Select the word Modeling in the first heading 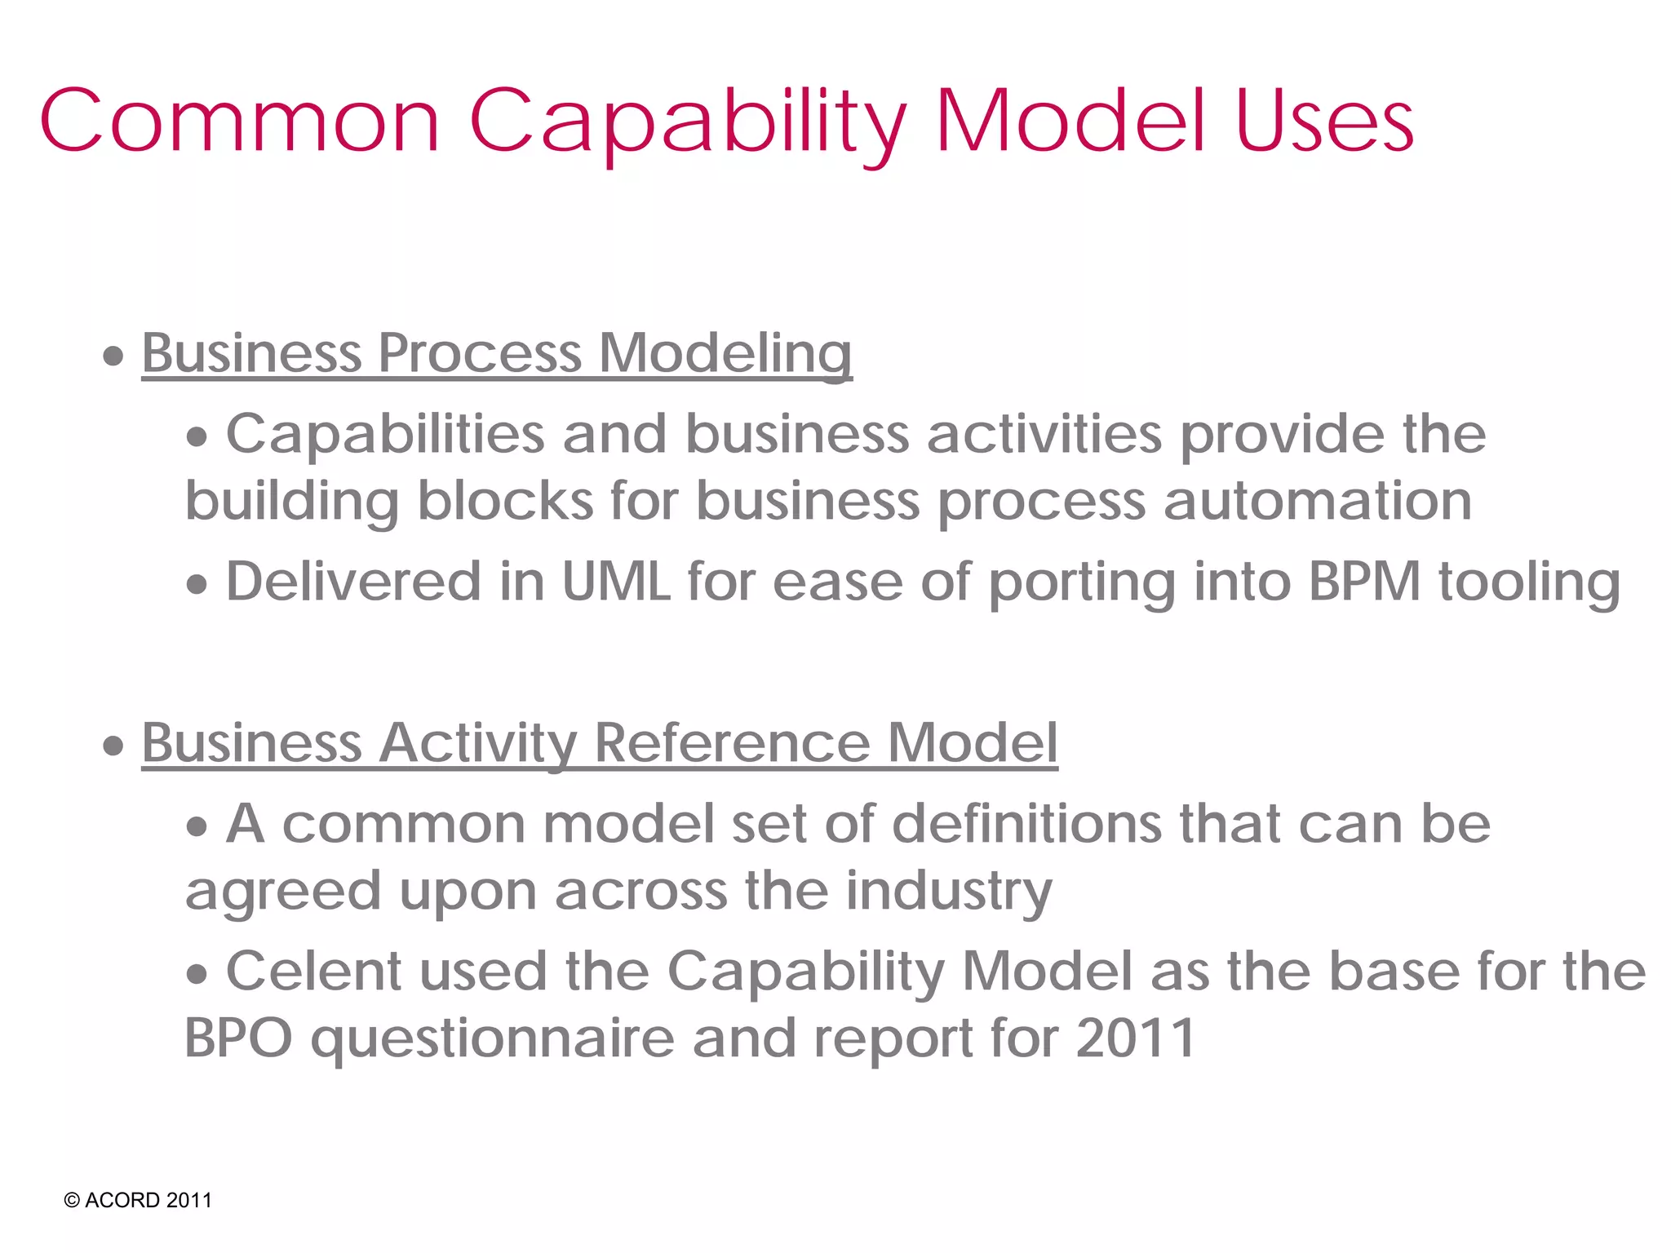point(725,354)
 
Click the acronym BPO point(238,1038)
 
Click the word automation point(1318,500)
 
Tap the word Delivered point(353,582)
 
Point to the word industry point(948,892)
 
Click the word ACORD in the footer point(122,1201)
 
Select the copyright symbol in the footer point(72,1201)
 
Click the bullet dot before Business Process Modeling point(113,356)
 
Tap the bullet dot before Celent point(197,974)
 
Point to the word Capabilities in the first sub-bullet point(385,434)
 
